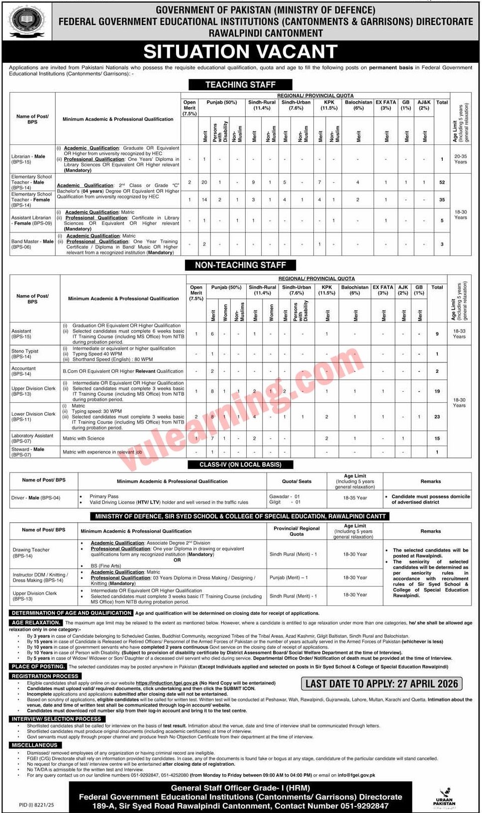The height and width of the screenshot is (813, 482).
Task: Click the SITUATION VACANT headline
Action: click(x=241, y=52)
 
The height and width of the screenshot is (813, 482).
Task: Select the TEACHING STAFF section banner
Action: click(x=240, y=85)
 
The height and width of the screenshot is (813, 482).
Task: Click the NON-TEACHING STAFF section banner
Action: click(x=240, y=265)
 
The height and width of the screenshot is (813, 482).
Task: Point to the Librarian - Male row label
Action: click(x=28, y=159)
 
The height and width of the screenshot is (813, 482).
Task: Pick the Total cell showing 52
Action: click(x=442, y=182)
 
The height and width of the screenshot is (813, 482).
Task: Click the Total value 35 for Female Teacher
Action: click(x=442, y=200)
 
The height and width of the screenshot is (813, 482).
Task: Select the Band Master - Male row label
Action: click(x=32, y=244)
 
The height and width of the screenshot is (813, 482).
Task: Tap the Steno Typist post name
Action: click(x=25, y=353)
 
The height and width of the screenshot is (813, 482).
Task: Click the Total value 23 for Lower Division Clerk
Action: click(x=437, y=417)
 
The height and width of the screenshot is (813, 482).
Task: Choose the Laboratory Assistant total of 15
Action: click(x=437, y=439)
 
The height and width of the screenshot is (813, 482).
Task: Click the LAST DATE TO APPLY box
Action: click(x=382, y=684)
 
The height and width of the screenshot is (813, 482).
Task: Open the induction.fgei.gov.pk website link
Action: click(x=167, y=683)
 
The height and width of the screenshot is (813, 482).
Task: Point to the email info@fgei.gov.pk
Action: click(x=356, y=775)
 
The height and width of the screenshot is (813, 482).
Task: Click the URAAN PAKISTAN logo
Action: click(x=444, y=798)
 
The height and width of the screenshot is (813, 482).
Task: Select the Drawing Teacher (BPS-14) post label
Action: click(x=31, y=553)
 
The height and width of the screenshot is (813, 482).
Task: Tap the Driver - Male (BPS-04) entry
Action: click(x=36, y=498)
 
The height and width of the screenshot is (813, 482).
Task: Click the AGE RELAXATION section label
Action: click(x=35, y=622)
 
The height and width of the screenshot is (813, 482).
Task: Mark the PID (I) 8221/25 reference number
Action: click(x=36, y=805)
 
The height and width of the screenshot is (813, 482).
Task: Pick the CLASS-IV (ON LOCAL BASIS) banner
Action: click(x=240, y=465)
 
